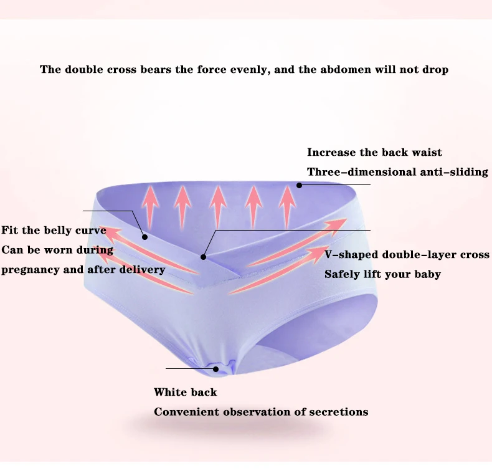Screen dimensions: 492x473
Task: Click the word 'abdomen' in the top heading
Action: coord(346,69)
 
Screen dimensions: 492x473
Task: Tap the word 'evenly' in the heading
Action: coord(250,70)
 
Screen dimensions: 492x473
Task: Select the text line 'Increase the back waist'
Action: coord(374,152)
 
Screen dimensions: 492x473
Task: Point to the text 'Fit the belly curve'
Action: coord(54,230)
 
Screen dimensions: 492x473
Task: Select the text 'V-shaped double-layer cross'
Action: coord(407,254)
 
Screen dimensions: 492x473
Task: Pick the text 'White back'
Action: coord(185,392)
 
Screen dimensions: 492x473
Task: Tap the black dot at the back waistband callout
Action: coord(299,185)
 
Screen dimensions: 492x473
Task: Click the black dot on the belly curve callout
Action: coord(144,237)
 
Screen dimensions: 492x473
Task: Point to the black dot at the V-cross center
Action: coord(203,257)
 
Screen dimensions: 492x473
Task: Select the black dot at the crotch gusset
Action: coord(215,370)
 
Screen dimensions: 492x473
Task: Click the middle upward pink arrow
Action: coord(218,207)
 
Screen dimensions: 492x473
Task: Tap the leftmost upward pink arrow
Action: coord(150,207)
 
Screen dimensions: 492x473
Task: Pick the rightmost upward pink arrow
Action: coord(287,207)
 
